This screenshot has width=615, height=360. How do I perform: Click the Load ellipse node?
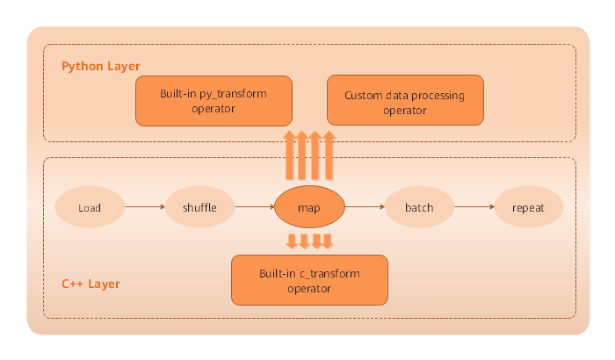[x=90, y=208]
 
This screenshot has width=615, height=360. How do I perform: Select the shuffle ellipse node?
[x=199, y=208]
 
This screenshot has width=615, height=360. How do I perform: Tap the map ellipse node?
[x=309, y=208]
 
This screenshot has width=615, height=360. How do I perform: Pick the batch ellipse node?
[x=418, y=208]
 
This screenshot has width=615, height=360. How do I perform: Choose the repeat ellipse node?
[x=528, y=208]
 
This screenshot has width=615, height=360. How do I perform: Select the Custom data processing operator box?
[x=405, y=101]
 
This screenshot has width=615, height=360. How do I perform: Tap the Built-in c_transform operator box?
[x=308, y=280]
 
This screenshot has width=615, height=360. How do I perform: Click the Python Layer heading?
[x=100, y=67]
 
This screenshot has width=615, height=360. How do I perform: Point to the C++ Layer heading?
[x=90, y=284]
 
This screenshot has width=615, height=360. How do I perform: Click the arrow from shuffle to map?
[x=255, y=208]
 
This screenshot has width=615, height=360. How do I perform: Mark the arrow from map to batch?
[x=364, y=208]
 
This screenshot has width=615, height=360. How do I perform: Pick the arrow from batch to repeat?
[x=474, y=208]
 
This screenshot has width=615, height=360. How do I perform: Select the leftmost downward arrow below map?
[x=291, y=241]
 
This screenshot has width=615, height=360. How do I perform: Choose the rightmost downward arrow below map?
[x=328, y=241]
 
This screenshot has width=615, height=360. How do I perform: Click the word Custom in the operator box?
[x=362, y=95]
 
